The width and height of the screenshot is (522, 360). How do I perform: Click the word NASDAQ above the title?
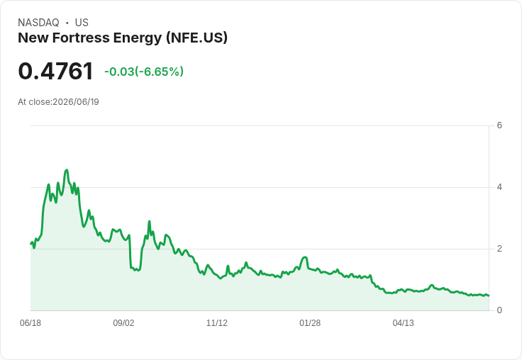(x=38, y=23)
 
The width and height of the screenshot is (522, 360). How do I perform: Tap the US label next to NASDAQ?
(x=82, y=23)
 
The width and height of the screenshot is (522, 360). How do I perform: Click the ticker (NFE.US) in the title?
(x=196, y=38)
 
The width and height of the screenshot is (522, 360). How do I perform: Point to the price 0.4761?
(x=55, y=71)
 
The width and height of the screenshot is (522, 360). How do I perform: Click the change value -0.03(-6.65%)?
(x=144, y=72)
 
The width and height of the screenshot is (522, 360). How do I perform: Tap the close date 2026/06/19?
(x=76, y=102)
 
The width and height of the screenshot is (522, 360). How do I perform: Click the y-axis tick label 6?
(x=499, y=125)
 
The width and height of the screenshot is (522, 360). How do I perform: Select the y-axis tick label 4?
(x=499, y=187)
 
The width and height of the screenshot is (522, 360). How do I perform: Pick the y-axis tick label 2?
(x=499, y=249)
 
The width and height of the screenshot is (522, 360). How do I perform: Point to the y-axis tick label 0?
(x=499, y=310)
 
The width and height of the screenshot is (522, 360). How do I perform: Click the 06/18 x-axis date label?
(x=30, y=323)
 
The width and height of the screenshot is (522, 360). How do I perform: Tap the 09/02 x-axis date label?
(x=123, y=323)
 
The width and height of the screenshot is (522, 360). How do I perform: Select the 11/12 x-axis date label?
(x=217, y=323)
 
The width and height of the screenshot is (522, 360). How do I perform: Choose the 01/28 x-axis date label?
(x=310, y=323)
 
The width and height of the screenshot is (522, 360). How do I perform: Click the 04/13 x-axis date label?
(x=403, y=323)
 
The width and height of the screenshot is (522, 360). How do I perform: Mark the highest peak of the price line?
(x=67, y=170)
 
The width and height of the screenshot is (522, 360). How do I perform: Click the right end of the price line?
(x=489, y=296)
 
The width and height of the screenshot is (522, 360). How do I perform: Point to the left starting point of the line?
(x=31, y=244)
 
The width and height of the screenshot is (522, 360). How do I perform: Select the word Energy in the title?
(x=138, y=38)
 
